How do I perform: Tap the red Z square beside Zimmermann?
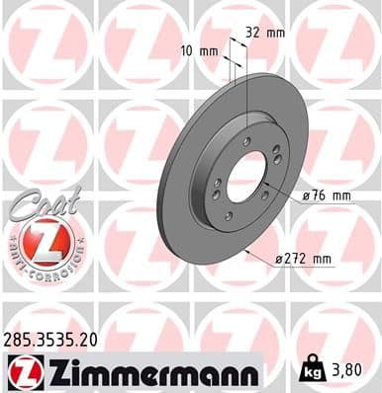tap(21, 372)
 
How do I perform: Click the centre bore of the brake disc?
tap(247, 178)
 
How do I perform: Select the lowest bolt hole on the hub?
tap(229, 216)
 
